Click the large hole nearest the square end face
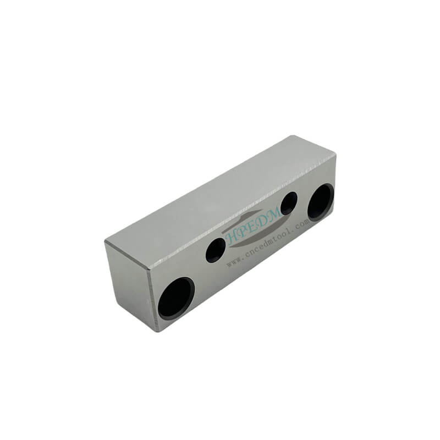176,299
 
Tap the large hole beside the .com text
321,202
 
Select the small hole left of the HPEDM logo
216,250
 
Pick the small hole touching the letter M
289,204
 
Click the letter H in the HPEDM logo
233,238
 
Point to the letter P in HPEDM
245,230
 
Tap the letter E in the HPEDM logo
255,224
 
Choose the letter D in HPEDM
266,219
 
